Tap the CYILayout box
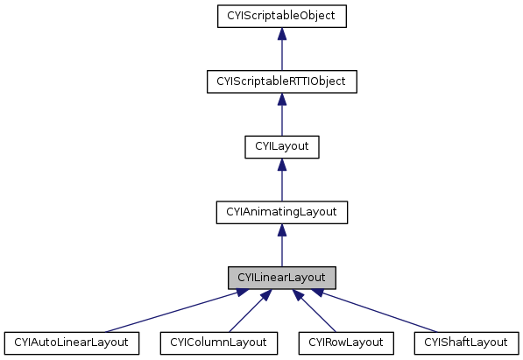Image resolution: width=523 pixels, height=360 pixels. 281,146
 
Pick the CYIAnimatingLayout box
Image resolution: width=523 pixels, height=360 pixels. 281,211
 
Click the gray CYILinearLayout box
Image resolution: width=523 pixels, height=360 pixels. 281,277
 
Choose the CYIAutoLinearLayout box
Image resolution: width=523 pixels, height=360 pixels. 72,342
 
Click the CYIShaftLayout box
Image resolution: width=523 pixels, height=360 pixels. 465,342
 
